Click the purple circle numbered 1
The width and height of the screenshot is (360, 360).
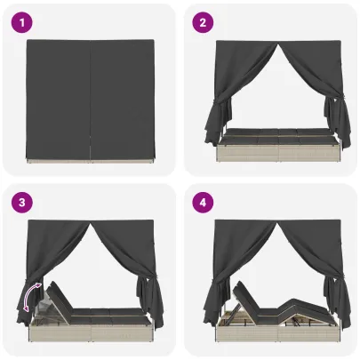coord(22,22)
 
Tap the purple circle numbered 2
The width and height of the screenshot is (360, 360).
coord(203,22)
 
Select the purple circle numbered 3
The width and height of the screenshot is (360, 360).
coord(22,203)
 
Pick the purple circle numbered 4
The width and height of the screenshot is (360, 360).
coord(203,203)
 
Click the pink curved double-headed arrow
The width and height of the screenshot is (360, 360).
coord(29,296)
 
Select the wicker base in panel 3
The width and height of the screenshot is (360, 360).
coord(92,331)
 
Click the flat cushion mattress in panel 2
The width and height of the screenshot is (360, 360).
coord(277,135)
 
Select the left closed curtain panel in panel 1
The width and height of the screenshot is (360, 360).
coord(58,100)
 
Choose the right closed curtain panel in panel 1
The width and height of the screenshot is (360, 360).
coord(122,100)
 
